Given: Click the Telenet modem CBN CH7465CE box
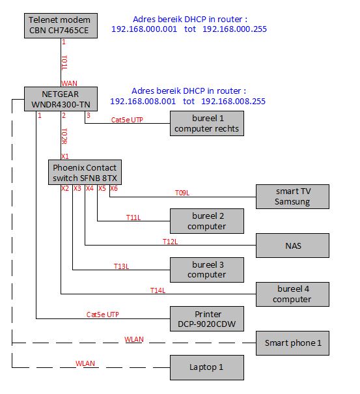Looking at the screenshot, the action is coord(61,25).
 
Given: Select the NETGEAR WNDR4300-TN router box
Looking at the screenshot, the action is coord(61,99).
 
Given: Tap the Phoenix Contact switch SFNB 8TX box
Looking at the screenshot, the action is coord(85,173).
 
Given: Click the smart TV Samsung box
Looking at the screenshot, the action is coord(292,197).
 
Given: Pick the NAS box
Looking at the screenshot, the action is coord(292,246).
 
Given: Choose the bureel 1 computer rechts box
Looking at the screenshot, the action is coord(207,123).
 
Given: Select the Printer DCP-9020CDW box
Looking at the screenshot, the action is coord(207,318).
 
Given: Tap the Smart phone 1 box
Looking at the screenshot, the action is coord(292,343).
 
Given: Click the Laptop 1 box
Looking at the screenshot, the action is coord(207,367).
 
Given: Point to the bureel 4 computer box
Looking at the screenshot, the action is coord(292,294).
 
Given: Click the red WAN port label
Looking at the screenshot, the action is coord(70,83).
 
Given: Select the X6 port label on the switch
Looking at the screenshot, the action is coord(114,188).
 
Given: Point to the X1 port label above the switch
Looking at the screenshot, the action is coord(65,156).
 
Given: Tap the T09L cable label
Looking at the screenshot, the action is coord(182,193).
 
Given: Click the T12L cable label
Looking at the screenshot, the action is coord(170,242).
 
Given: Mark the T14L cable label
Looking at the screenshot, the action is coord(158,290).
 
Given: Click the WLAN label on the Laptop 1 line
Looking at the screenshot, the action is coord(85,363).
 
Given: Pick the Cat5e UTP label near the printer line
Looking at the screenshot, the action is coord(102,315).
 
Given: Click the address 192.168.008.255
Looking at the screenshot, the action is coord(233,101).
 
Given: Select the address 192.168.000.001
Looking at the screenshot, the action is coord(145,29).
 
